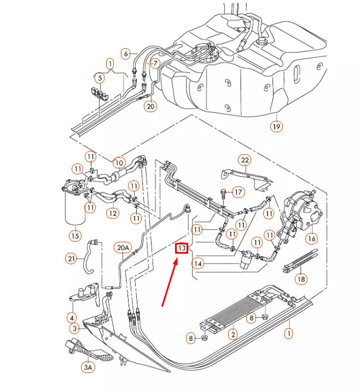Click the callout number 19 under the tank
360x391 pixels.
point(277,127)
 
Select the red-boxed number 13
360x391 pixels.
point(182,249)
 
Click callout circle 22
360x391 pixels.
point(244,160)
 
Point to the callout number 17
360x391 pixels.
point(239,192)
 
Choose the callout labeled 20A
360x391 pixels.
point(123,249)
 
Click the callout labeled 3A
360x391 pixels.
point(88,367)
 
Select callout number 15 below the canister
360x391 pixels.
point(75,236)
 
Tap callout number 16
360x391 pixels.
point(311,238)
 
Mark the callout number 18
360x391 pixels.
point(300,279)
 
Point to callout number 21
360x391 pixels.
point(71,258)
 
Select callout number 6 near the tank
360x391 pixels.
point(126,54)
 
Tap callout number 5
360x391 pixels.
point(99,78)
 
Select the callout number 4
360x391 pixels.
point(71,317)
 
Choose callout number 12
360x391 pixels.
point(112,213)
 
